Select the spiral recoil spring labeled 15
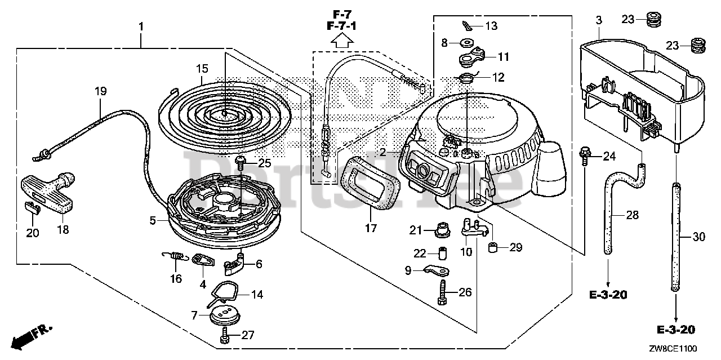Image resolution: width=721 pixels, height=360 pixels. click(x=225, y=112)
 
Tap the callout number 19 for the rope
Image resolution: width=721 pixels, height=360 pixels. click(x=100, y=90)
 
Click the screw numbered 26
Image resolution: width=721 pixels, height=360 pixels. click(x=442, y=294)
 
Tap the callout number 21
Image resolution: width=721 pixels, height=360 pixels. click(x=416, y=230)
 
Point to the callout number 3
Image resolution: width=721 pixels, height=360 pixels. click(x=599, y=20)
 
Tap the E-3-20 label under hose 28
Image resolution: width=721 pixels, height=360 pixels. click(x=609, y=295)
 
